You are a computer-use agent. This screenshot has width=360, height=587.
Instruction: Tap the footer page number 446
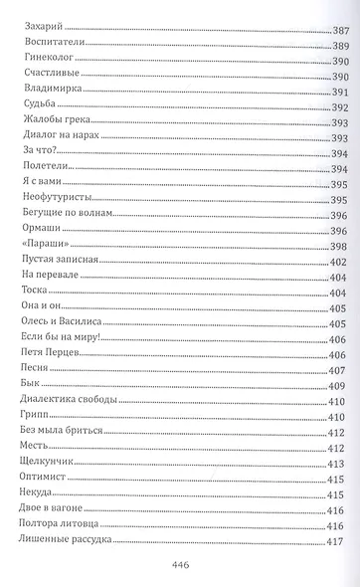(x=180, y=566)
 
